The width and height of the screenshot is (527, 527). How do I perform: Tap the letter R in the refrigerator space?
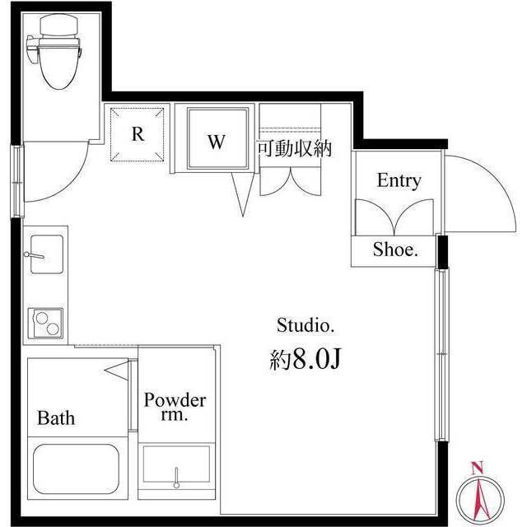[138, 133]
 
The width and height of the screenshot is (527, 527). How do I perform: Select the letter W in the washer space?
[215, 142]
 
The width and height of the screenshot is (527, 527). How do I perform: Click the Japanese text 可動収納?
[294, 149]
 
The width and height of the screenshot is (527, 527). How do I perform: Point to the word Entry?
[399, 180]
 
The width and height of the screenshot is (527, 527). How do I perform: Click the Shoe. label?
[395, 251]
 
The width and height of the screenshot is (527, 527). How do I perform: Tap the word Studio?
[305, 325]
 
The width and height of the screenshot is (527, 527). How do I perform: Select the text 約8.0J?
[305, 360]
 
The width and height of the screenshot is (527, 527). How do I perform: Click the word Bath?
[56, 417]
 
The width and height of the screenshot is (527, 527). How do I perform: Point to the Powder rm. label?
[175, 408]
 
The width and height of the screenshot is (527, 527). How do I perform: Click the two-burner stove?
[45, 322]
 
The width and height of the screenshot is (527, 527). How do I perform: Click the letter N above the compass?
[476, 469]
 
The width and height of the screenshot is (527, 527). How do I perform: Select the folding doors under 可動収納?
[287, 180]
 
